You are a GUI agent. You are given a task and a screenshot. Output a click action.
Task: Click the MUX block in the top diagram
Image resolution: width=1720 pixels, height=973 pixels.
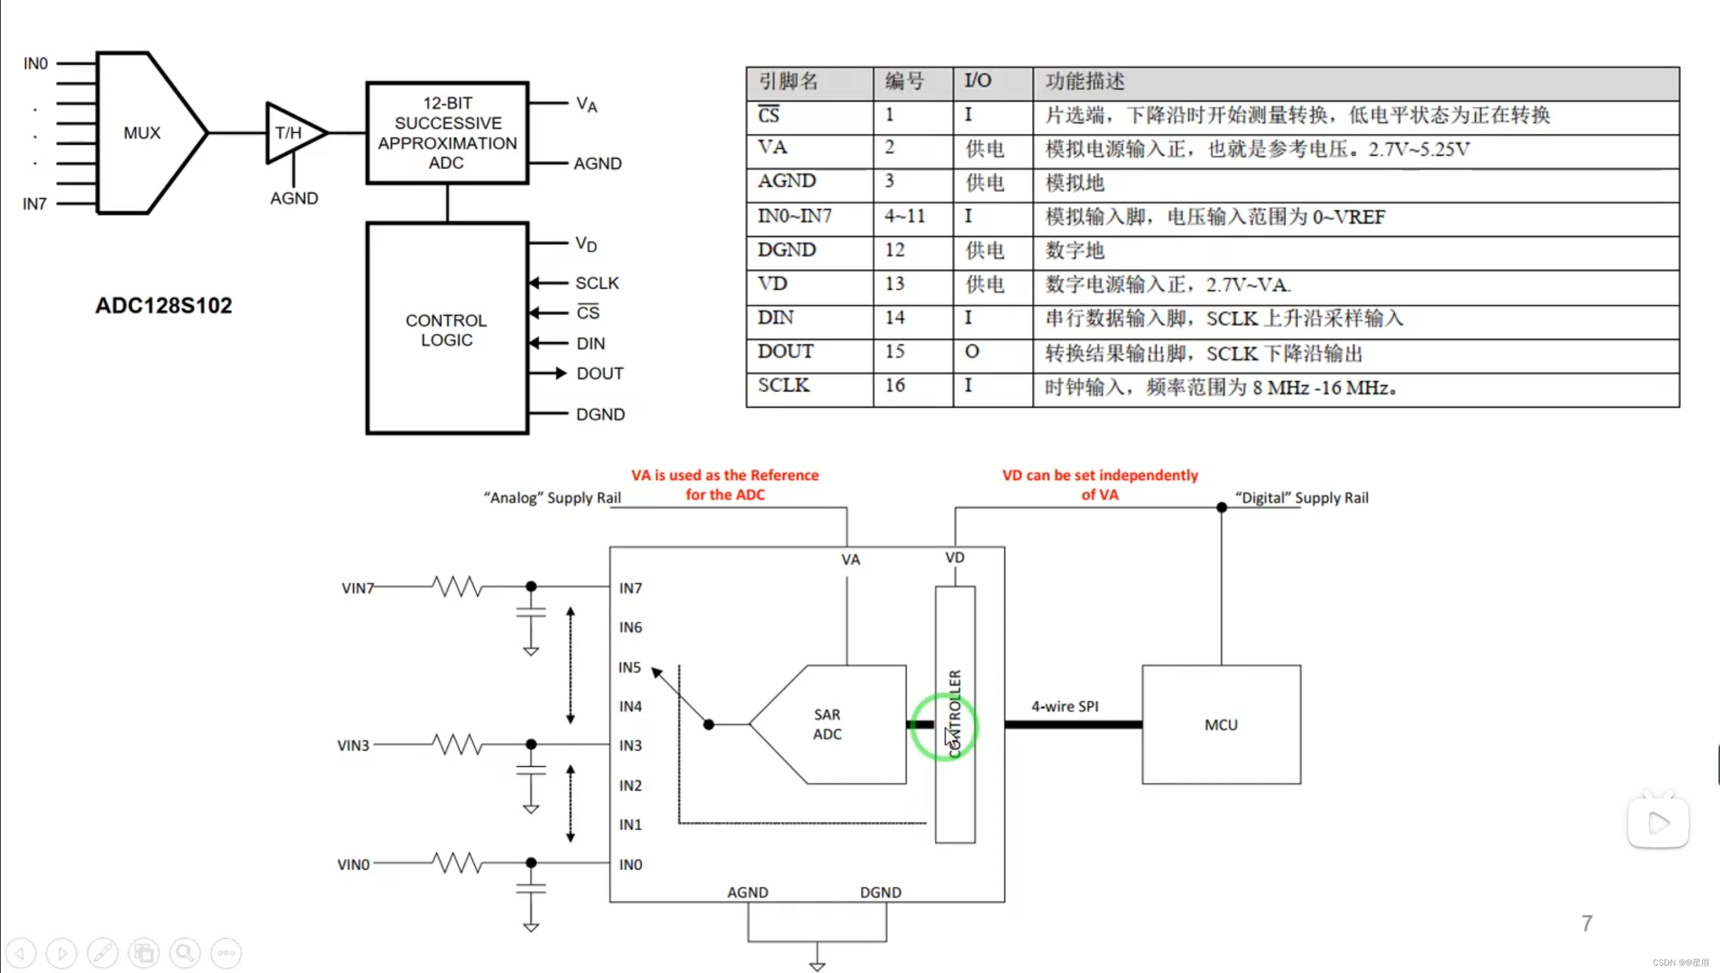[x=142, y=133]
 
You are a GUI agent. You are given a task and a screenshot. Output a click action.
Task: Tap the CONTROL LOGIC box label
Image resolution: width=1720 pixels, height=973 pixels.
[x=446, y=330]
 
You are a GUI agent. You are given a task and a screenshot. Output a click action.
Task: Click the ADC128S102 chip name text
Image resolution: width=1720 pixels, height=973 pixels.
[x=163, y=306]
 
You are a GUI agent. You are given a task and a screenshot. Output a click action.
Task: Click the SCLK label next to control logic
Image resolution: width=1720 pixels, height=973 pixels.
[x=597, y=283]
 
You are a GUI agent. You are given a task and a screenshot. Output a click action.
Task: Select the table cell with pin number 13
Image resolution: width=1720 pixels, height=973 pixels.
[x=895, y=284]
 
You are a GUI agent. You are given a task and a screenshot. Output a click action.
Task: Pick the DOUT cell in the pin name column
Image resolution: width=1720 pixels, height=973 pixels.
[x=785, y=352]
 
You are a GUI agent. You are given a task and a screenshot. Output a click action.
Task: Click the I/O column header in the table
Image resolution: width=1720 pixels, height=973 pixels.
[x=977, y=81]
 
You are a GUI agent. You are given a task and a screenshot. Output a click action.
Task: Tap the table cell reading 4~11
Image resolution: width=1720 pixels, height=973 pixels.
[x=904, y=216]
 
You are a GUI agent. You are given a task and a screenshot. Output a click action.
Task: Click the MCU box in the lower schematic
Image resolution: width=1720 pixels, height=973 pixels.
[x=1221, y=725]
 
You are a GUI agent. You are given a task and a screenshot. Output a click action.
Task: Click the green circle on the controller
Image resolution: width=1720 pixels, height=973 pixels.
[x=943, y=726]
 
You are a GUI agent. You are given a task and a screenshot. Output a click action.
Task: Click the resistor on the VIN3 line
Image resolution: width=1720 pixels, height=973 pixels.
[x=458, y=744]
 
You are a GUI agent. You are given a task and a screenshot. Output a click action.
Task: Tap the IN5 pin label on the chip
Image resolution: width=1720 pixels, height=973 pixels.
[x=629, y=667]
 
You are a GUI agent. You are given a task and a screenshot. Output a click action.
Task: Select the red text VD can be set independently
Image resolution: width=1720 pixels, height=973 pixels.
[x=1100, y=475]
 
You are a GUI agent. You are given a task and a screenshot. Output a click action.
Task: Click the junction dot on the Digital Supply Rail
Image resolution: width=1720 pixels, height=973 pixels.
[x=1222, y=507]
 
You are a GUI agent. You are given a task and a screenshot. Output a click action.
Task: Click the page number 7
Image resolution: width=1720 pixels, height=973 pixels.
[x=1587, y=923]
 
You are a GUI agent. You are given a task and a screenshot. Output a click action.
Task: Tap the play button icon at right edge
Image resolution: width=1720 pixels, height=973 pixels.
[x=1658, y=823]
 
